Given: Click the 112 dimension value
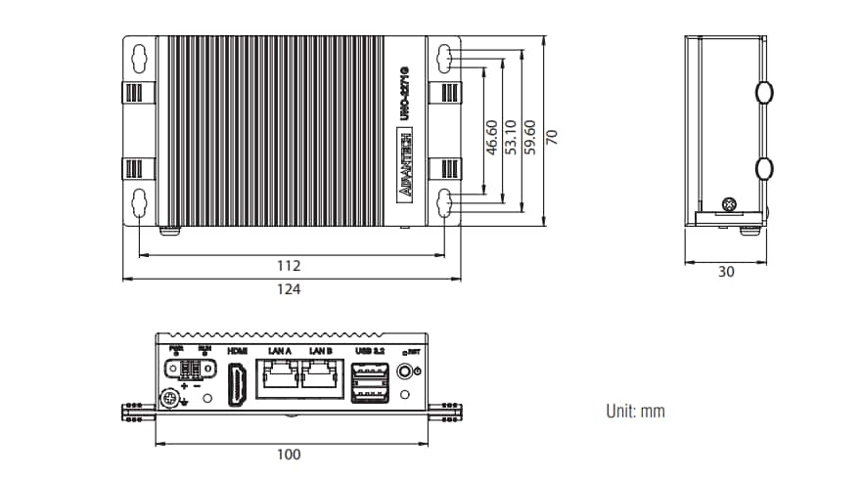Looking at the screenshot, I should coord(289,265).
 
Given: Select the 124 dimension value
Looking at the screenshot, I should coord(289,289).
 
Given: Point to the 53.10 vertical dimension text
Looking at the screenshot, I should coord(511,138).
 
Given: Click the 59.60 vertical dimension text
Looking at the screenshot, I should coord(530,138).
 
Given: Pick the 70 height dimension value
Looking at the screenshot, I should coord(552,137).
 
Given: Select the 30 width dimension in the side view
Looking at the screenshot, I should coord(725,272).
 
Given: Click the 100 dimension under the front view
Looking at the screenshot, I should coord(289,454).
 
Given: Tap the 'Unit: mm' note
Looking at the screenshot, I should coord(635,412).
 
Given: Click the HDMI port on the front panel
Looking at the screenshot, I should coord(237,383).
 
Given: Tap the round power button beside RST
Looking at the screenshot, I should coord(405,372).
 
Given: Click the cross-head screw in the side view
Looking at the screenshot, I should coord(728,204).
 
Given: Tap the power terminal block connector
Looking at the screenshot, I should coord(192,370).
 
